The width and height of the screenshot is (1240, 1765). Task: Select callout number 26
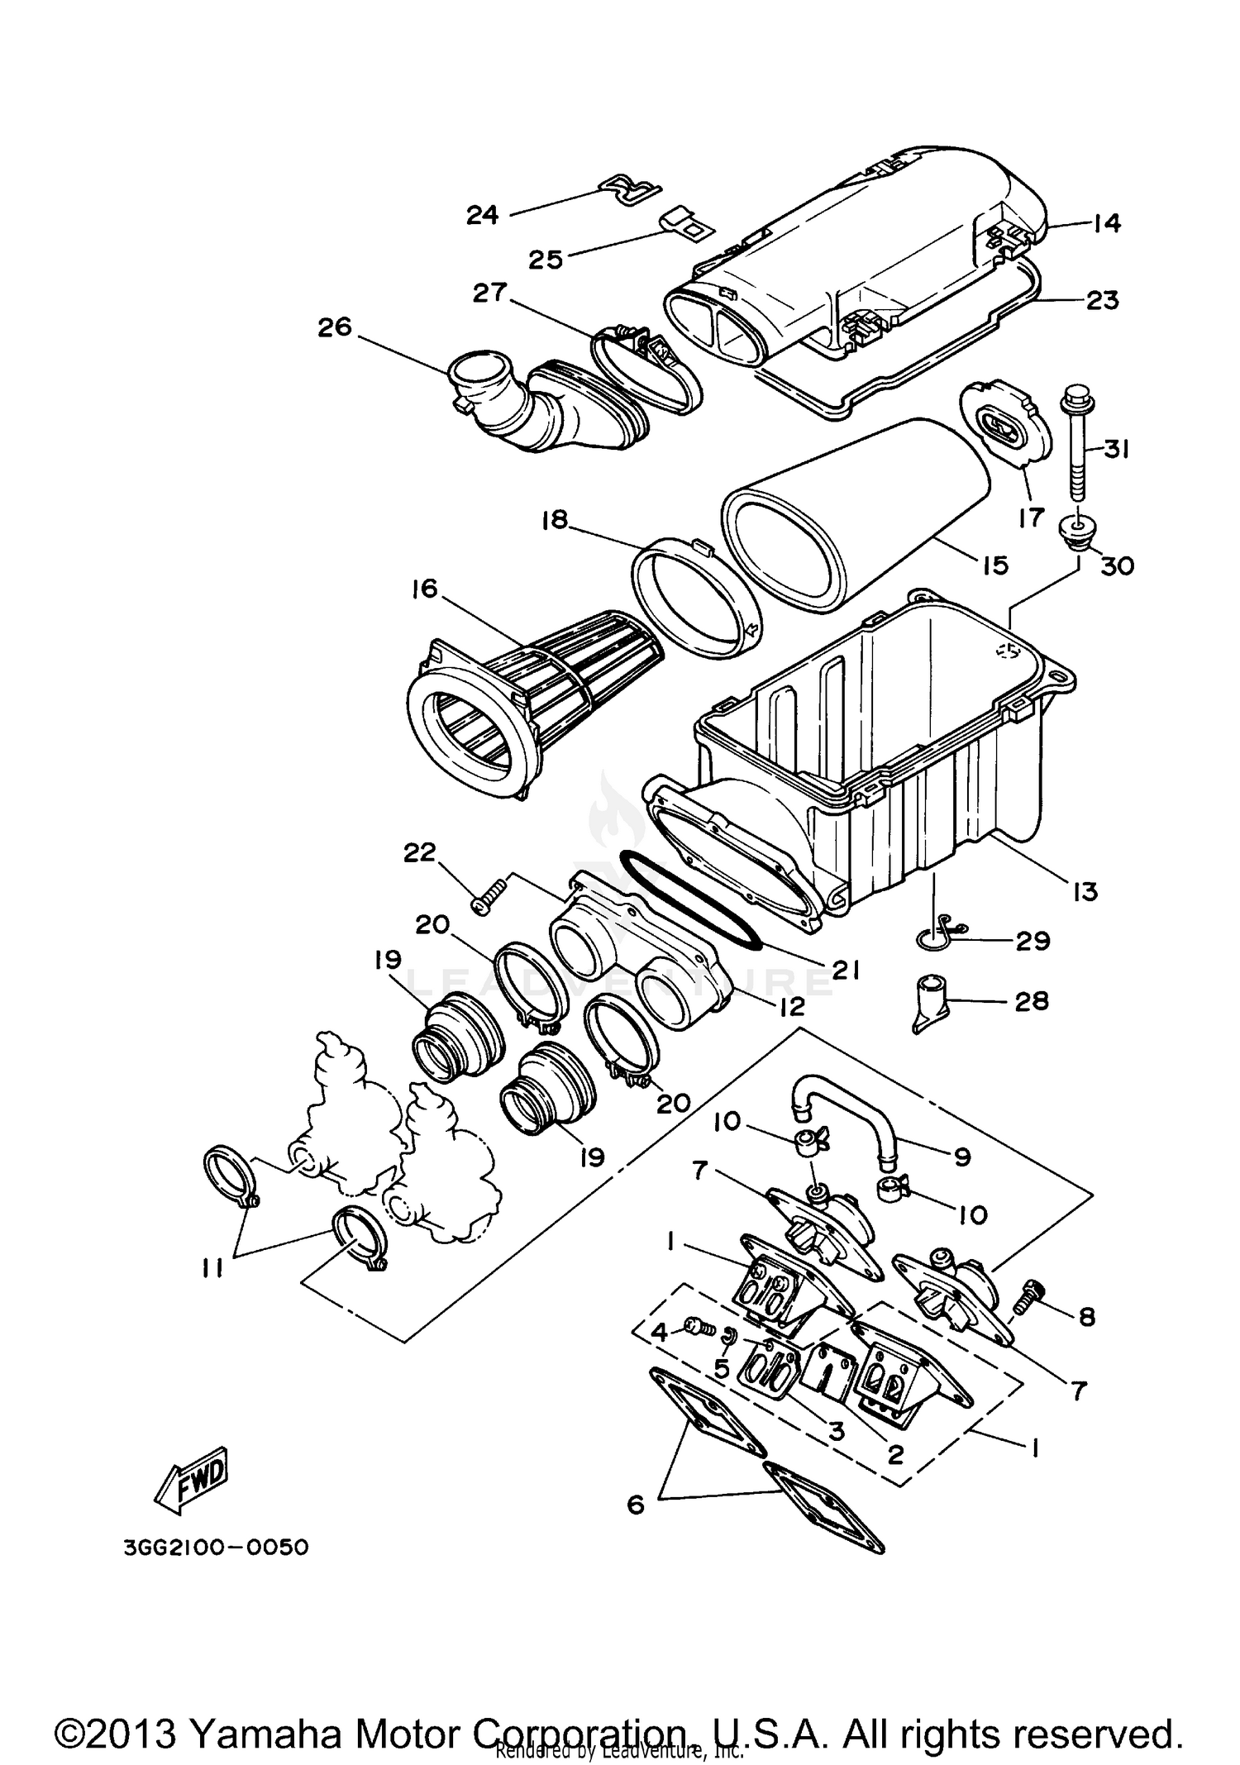335,327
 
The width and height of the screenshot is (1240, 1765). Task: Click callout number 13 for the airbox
1085,891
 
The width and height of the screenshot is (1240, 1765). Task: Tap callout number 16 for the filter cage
427,590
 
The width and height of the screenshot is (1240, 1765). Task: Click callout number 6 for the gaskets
635,1505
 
